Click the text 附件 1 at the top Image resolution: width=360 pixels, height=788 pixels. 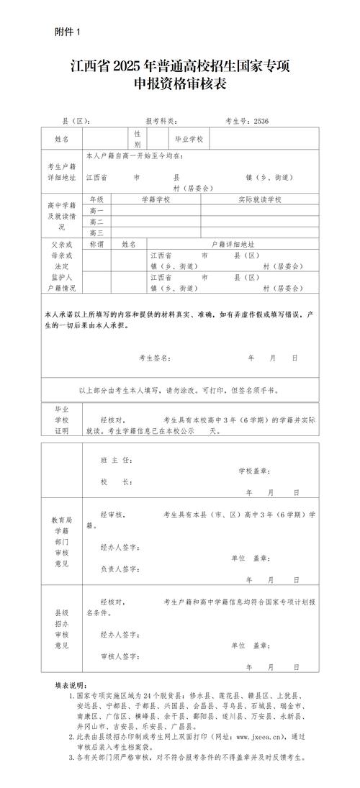click(x=68, y=32)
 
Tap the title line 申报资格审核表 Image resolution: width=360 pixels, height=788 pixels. click(x=180, y=85)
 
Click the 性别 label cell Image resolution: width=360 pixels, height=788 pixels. click(x=137, y=139)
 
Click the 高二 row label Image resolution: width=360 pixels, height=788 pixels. click(x=96, y=222)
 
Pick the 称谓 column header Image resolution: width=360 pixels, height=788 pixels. click(x=97, y=245)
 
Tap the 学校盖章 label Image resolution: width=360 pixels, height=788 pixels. click(x=254, y=471)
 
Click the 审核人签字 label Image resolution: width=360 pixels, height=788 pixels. click(x=120, y=656)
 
